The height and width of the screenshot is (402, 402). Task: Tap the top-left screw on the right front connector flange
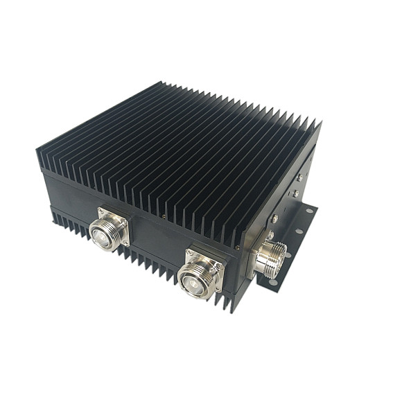click(x=188, y=252)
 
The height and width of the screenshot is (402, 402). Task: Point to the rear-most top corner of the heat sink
click(x=166, y=84)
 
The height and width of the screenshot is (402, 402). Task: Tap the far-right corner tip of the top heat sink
click(x=320, y=122)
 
